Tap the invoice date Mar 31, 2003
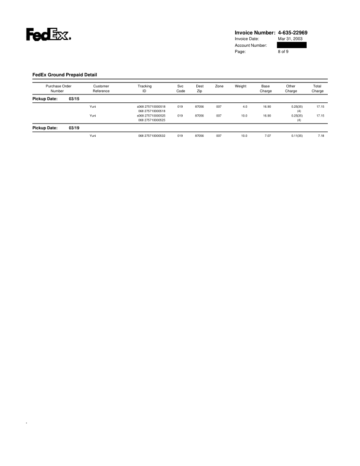pyautogui.click(x=290, y=39)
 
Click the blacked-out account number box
pyautogui.click(x=292, y=45)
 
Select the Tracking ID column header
pyautogui.click(x=145, y=89)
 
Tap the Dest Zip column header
pyautogui.click(x=199, y=89)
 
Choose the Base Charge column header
pyautogui.click(x=266, y=89)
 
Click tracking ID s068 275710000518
pyautogui.click(x=151, y=106)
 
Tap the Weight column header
pyautogui.click(x=240, y=86)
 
